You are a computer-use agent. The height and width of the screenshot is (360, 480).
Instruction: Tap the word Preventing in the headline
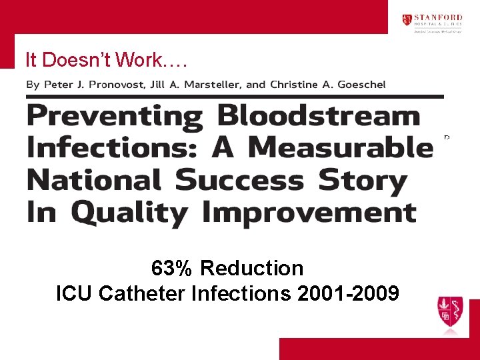coord(115,117)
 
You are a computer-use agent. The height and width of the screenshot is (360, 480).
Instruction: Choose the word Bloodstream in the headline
coord(319,117)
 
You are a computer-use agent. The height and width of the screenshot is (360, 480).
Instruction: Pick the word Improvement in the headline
coord(309,213)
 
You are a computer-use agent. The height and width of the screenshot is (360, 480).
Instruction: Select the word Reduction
coord(251,269)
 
